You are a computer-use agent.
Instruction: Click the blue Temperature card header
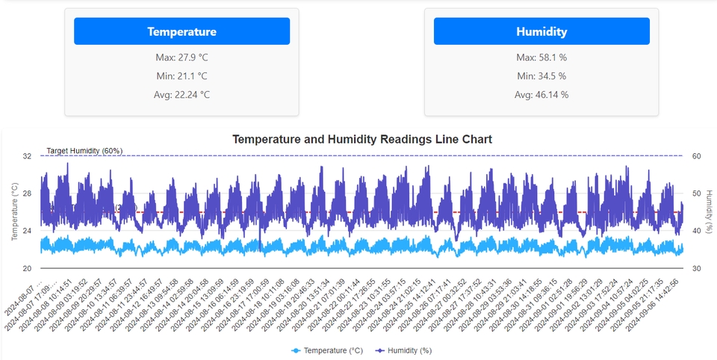181,31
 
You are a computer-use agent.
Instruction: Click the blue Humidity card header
541,31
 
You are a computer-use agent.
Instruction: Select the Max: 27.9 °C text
181,58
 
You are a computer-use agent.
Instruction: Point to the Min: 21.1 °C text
181,76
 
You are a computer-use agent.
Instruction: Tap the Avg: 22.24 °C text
181,95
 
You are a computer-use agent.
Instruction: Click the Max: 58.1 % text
541,58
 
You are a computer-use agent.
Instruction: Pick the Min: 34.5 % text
541,76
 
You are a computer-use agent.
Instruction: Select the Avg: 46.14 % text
541,95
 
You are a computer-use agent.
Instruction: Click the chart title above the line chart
362,139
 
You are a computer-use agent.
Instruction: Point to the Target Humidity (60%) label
84,151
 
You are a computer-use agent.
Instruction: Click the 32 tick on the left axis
27,156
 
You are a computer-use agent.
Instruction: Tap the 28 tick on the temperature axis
27,193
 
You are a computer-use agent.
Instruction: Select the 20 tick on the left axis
27,268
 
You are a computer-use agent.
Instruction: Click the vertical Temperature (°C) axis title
14,212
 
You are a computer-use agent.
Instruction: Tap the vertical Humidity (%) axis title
710,212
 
